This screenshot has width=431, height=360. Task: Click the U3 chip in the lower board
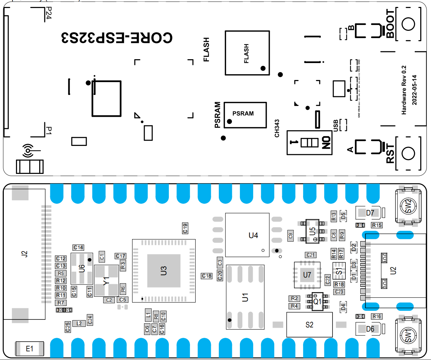coord(164,271)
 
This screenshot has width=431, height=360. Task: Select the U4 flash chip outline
coord(247,235)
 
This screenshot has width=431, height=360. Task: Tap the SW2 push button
coord(408,206)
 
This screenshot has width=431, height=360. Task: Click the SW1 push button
coord(408,335)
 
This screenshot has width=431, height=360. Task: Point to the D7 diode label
coord(370,213)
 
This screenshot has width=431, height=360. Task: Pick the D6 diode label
coord(370,329)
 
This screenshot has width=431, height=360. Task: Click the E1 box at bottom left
coord(30,349)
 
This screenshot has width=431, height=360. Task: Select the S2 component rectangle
coord(309,325)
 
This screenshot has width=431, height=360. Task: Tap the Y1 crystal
coord(106,281)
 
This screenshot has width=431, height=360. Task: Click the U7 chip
coord(307,275)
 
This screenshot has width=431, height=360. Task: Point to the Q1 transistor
coord(317,301)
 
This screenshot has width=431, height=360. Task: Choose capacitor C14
coord(78,247)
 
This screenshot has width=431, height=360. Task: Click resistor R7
coord(61,303)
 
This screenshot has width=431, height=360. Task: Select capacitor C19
coord(185,228)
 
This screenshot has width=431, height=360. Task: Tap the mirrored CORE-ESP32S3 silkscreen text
coord(117,38)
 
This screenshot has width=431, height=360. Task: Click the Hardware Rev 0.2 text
coord(404,90)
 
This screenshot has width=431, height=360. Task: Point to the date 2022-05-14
coord(415,90)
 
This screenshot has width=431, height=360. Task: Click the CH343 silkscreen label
coord(277,129)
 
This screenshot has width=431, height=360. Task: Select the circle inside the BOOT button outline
coord(408,24)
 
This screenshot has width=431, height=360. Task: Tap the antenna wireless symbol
coord(28,151)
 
